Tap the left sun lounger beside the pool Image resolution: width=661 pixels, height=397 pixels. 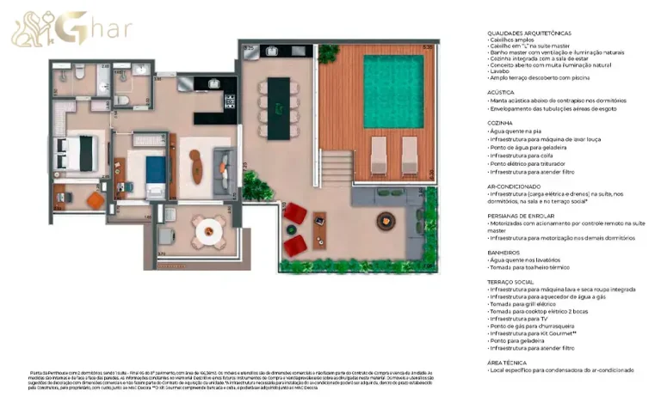pyautogui.click(x=380, y=155)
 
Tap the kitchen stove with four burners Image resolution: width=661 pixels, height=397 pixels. pyautogui.click(x=230, y=102)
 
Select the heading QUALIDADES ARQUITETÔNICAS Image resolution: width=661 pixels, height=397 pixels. pyautogui.click(x=528, y=33)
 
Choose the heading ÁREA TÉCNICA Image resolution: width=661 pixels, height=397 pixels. pyautogui.click(x=507, y=362)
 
